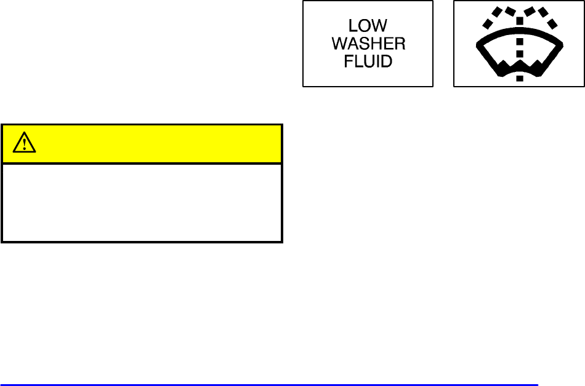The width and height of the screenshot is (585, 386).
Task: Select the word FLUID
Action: [368, 62]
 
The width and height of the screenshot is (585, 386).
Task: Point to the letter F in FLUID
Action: [349, 62]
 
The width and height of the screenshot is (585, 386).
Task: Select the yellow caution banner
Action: [142, 144]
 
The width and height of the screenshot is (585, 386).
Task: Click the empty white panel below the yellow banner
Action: [142, 202]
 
